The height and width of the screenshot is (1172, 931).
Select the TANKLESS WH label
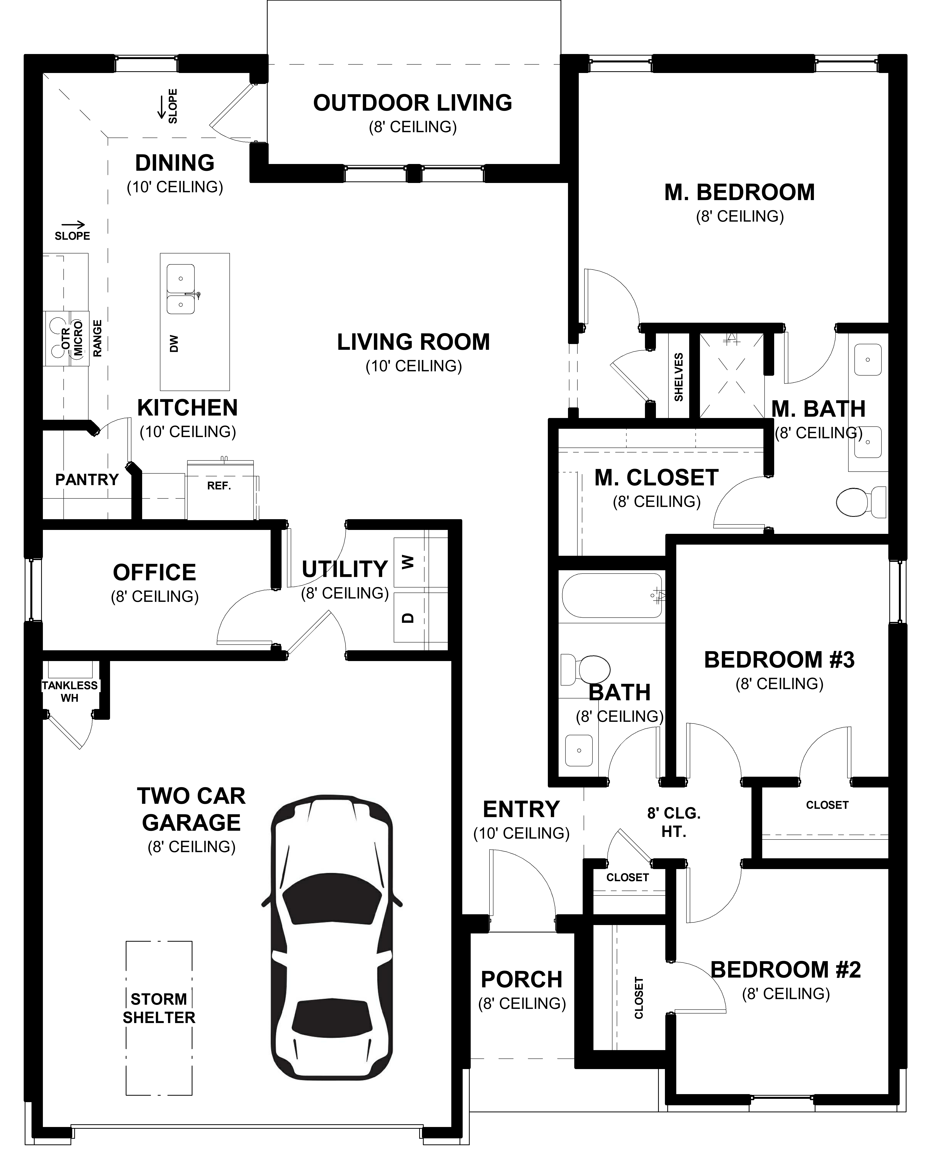tap(70, 691)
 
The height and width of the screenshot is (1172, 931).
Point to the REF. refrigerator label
tap(219, 486)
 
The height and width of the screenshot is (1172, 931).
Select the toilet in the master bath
tap(860, 501)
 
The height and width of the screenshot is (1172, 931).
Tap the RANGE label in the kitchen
tap(97, 338)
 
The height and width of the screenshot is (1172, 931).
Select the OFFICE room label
tap(154, 572)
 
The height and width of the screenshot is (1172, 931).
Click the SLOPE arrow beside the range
tap(72, 224)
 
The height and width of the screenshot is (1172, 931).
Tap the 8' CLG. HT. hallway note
tap(674, 822)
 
